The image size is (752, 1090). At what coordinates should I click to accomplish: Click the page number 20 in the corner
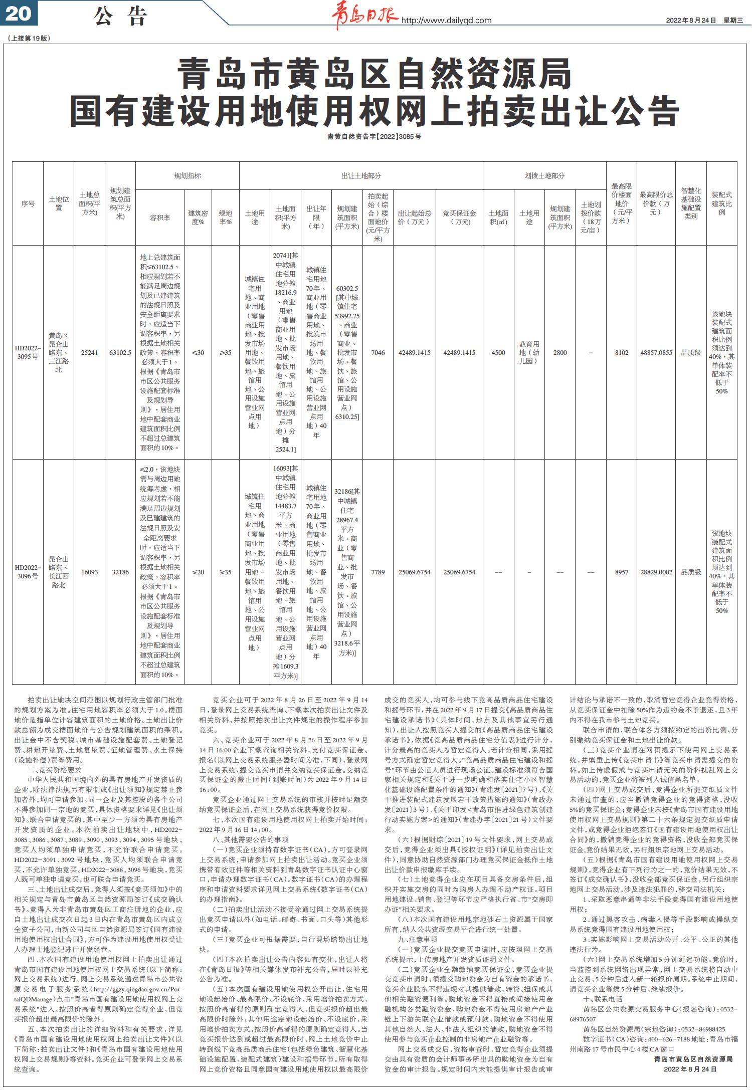[x=19, y=14]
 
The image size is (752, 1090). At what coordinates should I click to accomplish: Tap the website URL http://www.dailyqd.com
[x=446, y=21]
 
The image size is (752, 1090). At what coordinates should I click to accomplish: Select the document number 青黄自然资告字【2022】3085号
[x=374, y=136]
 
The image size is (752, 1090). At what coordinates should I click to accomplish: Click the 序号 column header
[x=28, y=203]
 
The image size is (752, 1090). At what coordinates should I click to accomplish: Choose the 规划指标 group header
[x=187, y=176]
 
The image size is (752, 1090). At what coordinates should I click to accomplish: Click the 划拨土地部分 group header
[x=544, y=176]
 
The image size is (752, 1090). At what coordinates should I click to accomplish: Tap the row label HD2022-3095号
[x=28, y=352]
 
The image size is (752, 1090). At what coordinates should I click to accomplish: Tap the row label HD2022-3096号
[x=28, y=572]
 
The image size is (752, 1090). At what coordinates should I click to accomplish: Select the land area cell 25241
[x=89, y=352]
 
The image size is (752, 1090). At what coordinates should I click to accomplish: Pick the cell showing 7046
[x=378, y=352]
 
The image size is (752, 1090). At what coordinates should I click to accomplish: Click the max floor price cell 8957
[x=622, y=572]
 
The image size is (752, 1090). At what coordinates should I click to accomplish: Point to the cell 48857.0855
[x=656, y=352]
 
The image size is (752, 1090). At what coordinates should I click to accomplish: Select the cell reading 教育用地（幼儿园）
[x=529, y=352]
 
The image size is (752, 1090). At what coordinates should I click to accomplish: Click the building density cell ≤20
[x=198, y=572]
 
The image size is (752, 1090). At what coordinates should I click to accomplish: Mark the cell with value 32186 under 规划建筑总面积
[x=120, y=572]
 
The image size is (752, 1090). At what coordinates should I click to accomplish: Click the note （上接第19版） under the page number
[x=29, y=38]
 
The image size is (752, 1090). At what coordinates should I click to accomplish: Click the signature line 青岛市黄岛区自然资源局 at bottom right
[x=693, y=1059]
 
